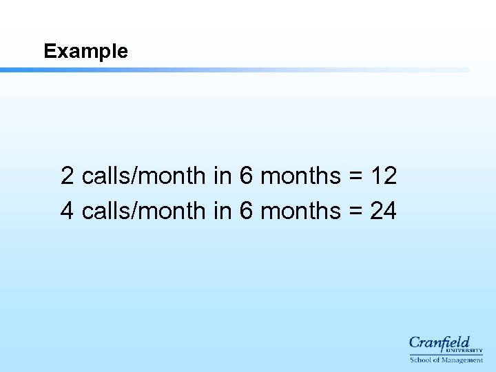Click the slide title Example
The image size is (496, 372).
click(x=85, y=52)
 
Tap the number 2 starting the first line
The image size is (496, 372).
click(x=68, y=176)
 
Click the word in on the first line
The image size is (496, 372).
click(x=222, y=176)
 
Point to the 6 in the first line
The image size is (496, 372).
click(x=246, y=176)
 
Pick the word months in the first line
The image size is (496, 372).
click(x=301, y=176)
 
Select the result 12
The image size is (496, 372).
click(x=384, y=176)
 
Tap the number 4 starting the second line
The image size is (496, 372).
click(x=68, y=211)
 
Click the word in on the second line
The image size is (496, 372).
click(x=222, y=211)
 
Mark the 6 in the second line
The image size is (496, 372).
click(x=246, y=211)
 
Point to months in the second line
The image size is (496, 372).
click(x=301, y=211)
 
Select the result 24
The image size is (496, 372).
click(x=384, y=211)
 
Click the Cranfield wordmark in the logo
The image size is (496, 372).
click(x=440, y=342)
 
